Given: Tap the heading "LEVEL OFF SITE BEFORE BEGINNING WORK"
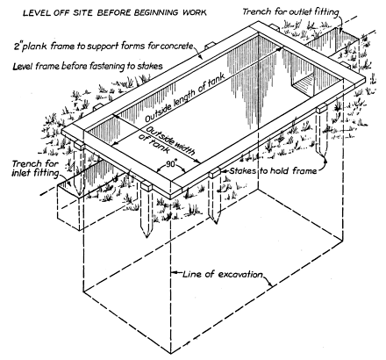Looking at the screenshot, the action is (x=115, y=12).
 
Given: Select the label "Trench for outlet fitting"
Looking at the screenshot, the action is (x=290, y=11).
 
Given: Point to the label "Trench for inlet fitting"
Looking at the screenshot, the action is (x=35, y=169).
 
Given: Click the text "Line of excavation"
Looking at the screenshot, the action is (x=223, y=275).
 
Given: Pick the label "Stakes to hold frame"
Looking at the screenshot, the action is (x=273, y=170).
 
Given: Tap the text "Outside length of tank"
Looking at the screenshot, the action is (x=185, y=97).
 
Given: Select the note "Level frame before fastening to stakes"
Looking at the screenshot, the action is (x=88, y=67).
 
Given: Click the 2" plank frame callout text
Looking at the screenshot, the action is (x=104, y=47).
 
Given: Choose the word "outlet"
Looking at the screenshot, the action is (x=300, y=11).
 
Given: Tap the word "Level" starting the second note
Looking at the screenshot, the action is (x=23, y=67).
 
